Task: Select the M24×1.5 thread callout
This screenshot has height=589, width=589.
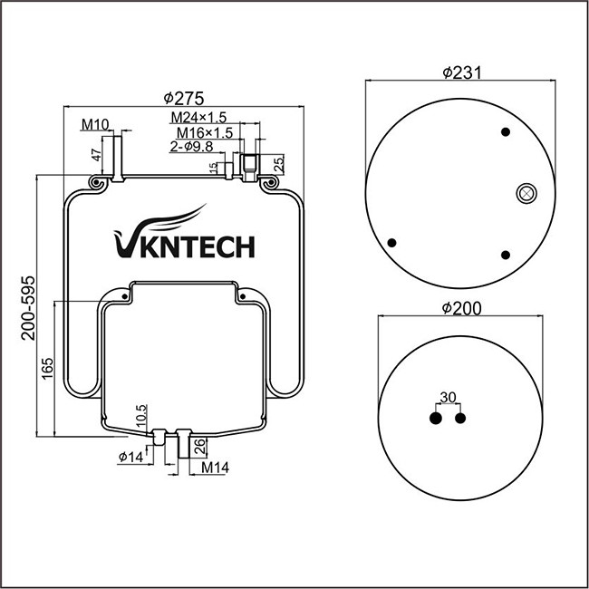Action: [x=198, y=118]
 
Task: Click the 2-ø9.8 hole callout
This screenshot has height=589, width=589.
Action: [x=190, y=146]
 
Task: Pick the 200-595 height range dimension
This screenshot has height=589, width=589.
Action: [x=27, y=307]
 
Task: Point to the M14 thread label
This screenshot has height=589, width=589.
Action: [x=213, y=467]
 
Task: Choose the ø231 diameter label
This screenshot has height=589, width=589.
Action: [x=460, y=73]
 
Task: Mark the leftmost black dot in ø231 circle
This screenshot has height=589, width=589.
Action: [x=392, y=243]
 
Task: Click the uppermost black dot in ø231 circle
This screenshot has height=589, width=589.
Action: [x=507, y=132]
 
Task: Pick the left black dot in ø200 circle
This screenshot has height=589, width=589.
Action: [x=436, y=419]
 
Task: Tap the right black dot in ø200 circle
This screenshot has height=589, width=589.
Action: [x=461, y=419]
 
